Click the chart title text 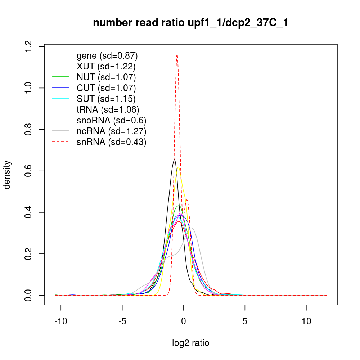[190, 23]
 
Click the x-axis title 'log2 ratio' [190, 343]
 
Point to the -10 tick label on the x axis [61, 321]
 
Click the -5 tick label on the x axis [122, 321]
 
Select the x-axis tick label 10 [306, 321]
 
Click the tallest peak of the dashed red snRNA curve [177, 54]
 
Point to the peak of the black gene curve [174, 159]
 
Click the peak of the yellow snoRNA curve [178, 167]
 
